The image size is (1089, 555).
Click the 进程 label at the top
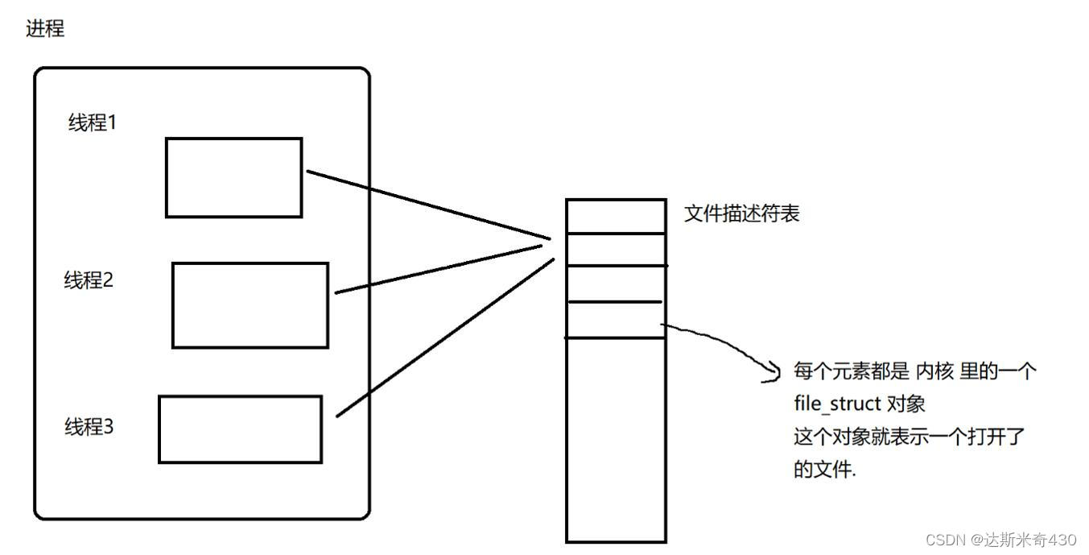click(x=45, y=29)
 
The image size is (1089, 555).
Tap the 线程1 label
click(x=93, y=123)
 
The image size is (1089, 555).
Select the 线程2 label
click(x=89, y=281)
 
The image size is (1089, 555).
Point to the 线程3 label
click(x=89, y=427)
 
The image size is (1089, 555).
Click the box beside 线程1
click(x=233, y=177)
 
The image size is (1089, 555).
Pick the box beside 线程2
click(x=250, y=305)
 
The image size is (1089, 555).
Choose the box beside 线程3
click(x=240, y=429)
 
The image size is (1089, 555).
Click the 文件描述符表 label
click(x=741, y=214)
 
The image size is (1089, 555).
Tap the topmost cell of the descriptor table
click(x=616, y=216)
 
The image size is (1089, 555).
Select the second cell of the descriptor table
click(x=616, y=249)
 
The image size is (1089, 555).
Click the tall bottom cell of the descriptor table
click(x=616, y=439)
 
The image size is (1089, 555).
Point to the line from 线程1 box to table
click(x=427, y=205)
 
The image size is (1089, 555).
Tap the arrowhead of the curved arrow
click(x=774, y=372)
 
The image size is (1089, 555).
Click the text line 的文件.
click(x=825, y=470)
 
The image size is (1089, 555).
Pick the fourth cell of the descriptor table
click(x=616, y=319)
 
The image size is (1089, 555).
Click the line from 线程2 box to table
click(x=443, y=269)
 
